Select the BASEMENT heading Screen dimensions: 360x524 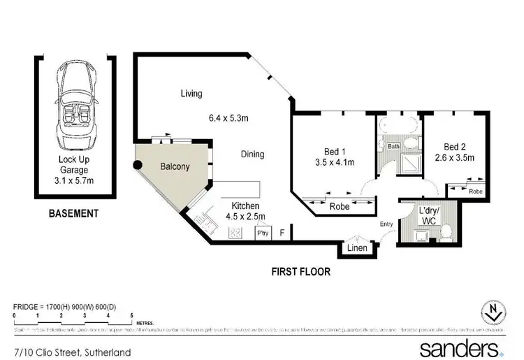point(73,213)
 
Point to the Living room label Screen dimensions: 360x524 point(191,94)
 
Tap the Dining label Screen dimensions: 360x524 point(252,154)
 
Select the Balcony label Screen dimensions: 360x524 point(175,167)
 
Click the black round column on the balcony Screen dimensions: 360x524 point(138,166)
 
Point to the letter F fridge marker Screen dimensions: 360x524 point(282,233)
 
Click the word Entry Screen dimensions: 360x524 point(386,224)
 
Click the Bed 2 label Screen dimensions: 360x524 point(459,152)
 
